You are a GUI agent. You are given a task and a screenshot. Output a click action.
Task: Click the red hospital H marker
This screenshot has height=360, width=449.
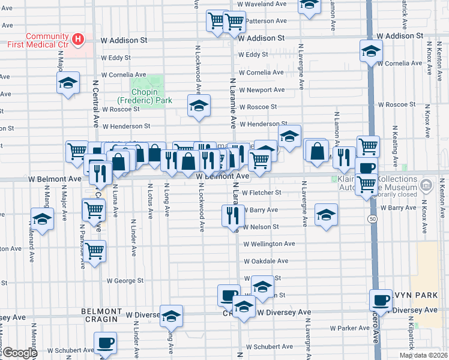coord(77,40)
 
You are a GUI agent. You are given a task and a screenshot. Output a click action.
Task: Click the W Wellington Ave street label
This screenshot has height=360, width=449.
coord(269,244)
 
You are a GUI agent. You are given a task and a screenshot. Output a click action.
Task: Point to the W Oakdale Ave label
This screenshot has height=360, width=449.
coord(266,262)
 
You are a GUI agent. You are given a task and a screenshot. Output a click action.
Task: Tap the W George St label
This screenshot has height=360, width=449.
coord(125,280)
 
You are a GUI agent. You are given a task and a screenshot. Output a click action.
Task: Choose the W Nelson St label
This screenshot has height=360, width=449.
coord(261,227)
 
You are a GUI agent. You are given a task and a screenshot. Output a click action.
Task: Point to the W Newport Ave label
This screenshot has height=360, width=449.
coord(262,90)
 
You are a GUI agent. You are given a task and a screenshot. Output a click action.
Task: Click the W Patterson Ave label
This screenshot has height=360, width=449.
coord(266,20)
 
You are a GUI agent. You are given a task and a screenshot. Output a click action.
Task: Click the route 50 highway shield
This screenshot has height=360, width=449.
coord(373,220)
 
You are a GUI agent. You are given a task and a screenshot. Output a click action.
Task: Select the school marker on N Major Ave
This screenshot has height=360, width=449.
coord(68,83)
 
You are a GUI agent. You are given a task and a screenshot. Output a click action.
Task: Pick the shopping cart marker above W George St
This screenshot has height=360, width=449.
coord(94,251)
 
